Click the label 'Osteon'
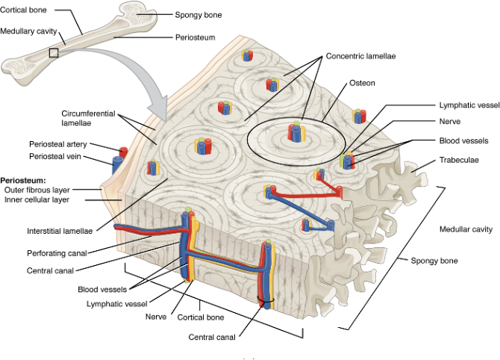click(362, 83)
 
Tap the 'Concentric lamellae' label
click(360, 55)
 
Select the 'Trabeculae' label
click(459, 160)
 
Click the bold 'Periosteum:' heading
click(24, 180)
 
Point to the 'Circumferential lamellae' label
click(88, 118)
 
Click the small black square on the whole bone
click(53, 52)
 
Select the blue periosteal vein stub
click(116, 164)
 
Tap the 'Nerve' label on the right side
click(450, 121)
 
